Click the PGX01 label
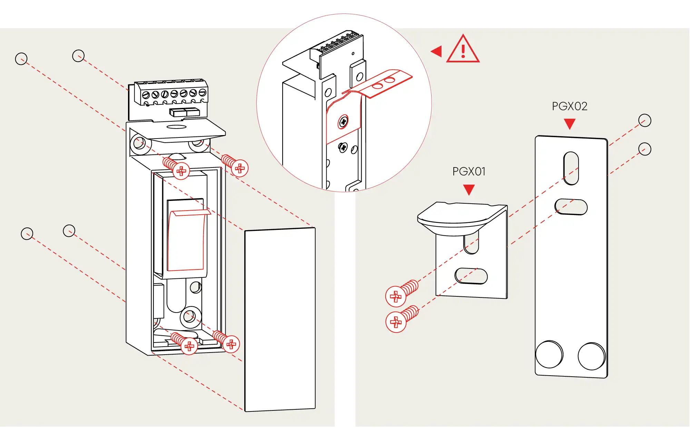click(469, 171)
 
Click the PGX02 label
click(570, 106)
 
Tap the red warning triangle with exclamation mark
click(463, 50)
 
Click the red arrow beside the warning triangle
click(437, 51)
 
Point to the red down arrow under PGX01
click(469, 189)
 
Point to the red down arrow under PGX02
click(570, 123)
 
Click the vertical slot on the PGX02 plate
click(571, 168)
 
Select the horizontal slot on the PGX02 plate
click(571, 207)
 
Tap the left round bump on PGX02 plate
click(549, 354)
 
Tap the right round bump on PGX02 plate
click(591, 356)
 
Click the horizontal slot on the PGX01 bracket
click(471, 276)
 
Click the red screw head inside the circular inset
click(343, 122)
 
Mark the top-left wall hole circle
click(21, 59)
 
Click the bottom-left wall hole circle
click(27, 234)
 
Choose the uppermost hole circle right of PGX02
click(644, 121)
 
